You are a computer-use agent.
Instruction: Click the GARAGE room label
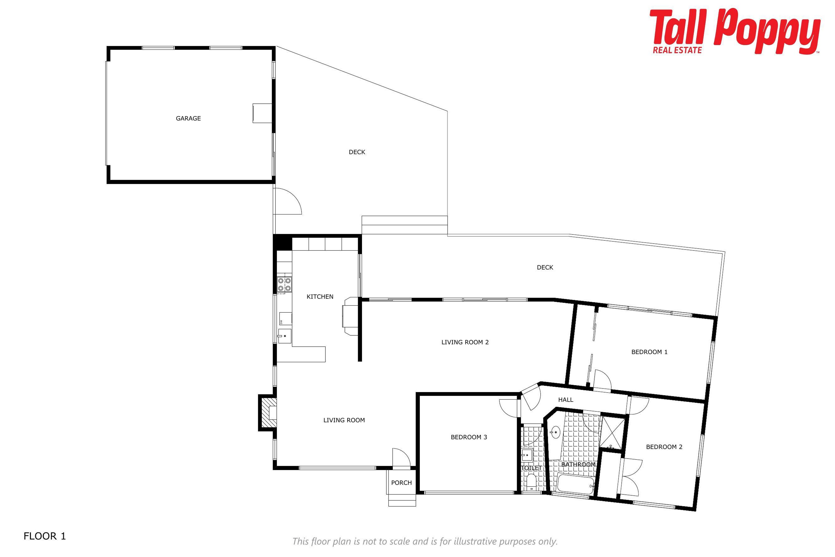(188, 118)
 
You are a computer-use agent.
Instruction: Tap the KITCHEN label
(320, 297)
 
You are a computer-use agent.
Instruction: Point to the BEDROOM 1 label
(649, 352)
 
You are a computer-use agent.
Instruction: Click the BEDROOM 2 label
(664, 447)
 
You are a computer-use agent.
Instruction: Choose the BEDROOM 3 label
(469, 437)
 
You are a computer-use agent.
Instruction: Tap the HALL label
(566, 400)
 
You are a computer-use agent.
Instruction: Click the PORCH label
(401, 483)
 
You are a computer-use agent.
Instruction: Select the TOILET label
(531, 468)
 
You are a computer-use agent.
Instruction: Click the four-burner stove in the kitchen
(284, 284)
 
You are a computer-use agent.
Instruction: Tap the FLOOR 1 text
(45, 536)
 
